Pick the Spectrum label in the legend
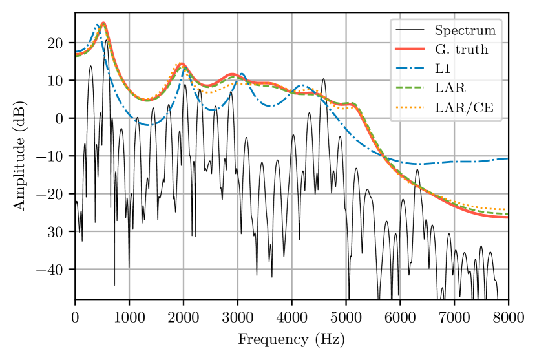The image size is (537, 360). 465,30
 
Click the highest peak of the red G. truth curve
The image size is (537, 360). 103,23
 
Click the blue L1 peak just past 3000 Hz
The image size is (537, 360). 242,74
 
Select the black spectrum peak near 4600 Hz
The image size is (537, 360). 324,79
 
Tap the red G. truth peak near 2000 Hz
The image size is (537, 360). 182,63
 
